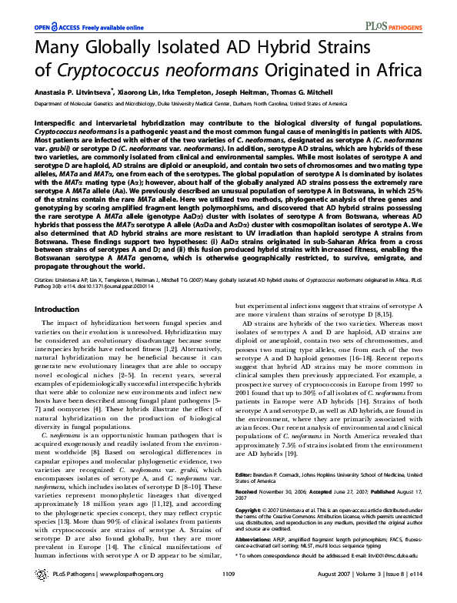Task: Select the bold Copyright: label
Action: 251,510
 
